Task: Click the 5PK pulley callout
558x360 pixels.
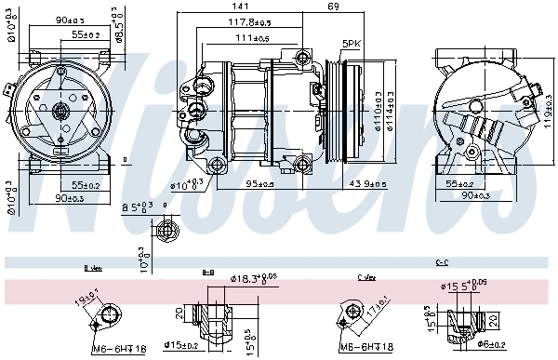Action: click(x=351, y=44)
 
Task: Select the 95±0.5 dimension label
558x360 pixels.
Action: click(x=259, y=183)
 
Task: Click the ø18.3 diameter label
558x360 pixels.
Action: click(x=229, y=278)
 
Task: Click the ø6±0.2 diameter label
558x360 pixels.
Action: click(x=492, y=345)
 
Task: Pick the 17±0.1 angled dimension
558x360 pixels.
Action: click(x=378, y=304)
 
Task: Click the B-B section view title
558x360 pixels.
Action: click(x=208, y=272)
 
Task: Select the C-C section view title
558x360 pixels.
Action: click(x=442, y=262)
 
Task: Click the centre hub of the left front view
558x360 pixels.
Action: click(x=61, y=113)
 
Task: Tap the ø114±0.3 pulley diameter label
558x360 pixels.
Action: click(x=391, y=111)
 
